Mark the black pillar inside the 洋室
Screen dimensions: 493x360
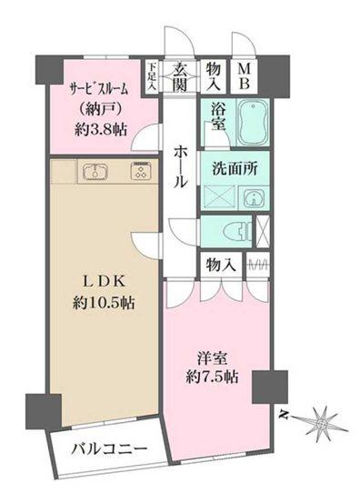coord(269,387)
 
